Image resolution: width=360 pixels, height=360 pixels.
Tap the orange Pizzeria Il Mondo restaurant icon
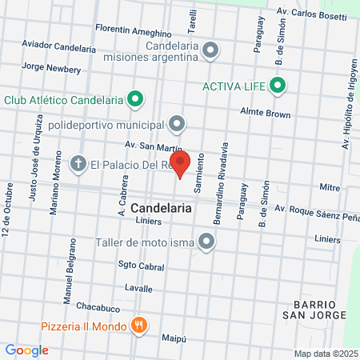[140, 326]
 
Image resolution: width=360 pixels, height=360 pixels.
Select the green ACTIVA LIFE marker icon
[278, 85]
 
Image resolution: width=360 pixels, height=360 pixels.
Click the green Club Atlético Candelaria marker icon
[136, 100]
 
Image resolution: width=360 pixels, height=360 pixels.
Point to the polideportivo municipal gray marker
[177, 124]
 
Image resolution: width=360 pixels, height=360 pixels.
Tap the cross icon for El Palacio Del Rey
[78, 165]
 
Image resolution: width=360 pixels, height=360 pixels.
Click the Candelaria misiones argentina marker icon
[210, 51]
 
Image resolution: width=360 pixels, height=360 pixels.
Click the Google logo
[26, 350]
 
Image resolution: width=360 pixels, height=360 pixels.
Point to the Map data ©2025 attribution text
[325, 354]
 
